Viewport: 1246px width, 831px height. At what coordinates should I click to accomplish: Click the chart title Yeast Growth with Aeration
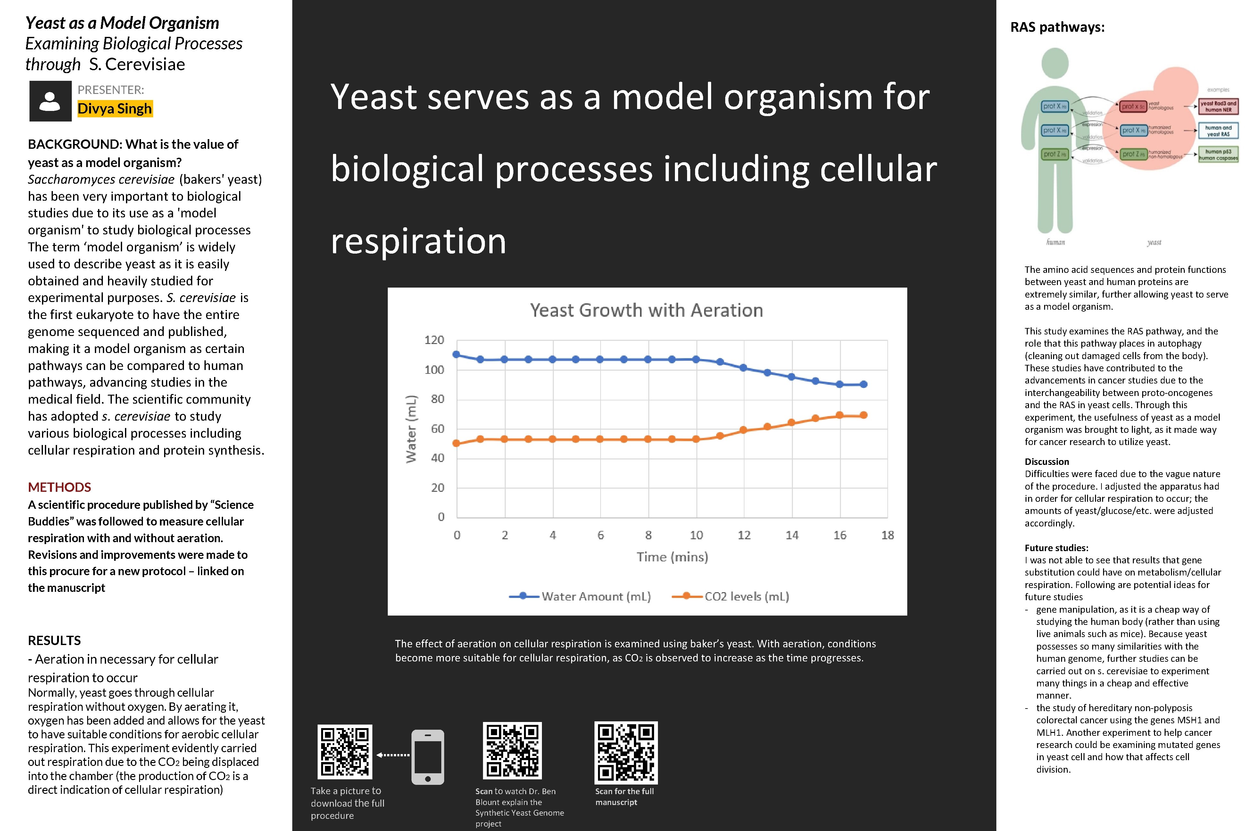[646, 310]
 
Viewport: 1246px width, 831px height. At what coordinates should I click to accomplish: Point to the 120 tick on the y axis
[434, 340]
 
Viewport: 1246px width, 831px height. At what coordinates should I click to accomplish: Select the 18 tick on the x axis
[887, 535]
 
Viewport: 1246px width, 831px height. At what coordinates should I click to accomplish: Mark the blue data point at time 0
[457, 355]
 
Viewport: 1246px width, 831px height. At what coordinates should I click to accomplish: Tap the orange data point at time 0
[457, 443]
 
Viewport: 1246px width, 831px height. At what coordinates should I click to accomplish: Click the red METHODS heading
[59, 487]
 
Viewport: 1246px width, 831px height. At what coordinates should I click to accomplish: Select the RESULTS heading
[54, 640]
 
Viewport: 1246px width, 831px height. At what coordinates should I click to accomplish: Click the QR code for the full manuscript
[626, 752]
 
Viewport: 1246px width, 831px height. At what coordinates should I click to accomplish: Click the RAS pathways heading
[1058, 27]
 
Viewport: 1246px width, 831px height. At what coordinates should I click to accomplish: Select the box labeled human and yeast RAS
[1218, 131]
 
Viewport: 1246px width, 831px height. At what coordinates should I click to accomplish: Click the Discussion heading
[1046, 462]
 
